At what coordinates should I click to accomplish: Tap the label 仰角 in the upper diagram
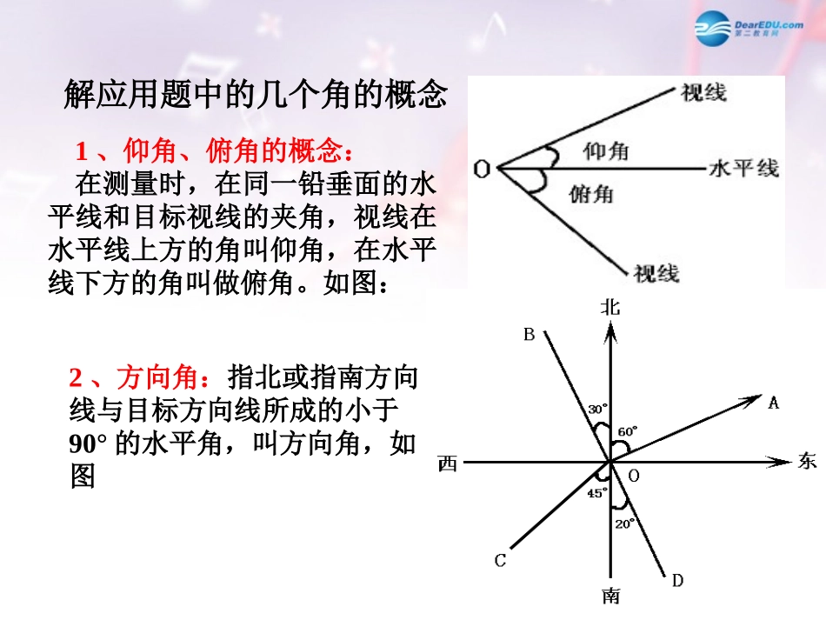pos(606,151)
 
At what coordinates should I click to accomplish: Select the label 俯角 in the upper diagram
pos(591,192)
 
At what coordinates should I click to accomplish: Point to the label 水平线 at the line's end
pos(744,168)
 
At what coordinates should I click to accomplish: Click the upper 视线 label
pos(703,92)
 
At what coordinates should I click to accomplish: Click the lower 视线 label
pos(656,273)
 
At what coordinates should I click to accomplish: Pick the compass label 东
pos(806,462)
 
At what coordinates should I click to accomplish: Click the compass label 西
pos(448,464)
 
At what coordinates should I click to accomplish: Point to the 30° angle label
pos(597,408)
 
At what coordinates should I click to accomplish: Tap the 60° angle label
pos(628,430)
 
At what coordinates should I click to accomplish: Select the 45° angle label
pos(596,493)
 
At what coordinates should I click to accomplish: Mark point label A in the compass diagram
pos(774,402)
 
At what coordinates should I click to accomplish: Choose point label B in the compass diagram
pos(528,333)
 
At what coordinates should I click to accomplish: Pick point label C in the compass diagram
pos(500,561)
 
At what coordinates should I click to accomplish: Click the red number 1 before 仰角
pos(82,152)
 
